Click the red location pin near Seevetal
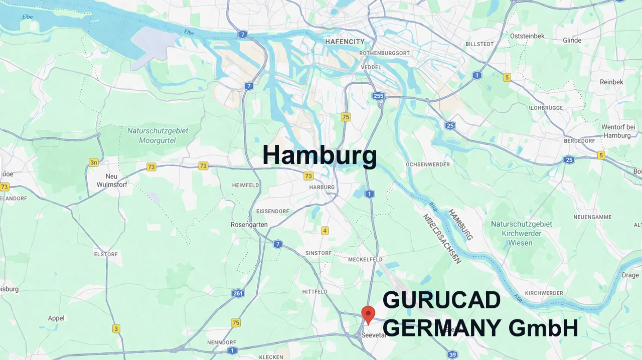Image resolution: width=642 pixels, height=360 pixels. (368, 314)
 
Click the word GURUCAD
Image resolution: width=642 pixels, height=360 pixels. (441, 300)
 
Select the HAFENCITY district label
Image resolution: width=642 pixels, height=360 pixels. (345, 42)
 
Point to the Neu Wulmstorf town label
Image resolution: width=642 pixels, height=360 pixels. (112, 181)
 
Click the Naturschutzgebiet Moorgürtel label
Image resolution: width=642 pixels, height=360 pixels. (157, 135)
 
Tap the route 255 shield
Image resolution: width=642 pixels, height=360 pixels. (378, 95)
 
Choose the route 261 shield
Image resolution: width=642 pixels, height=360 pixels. (238, 293)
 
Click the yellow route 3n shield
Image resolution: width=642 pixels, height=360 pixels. (94, 162)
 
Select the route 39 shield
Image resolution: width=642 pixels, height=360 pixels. (452, 355)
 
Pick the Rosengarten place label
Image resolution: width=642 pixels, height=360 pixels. (249, 225)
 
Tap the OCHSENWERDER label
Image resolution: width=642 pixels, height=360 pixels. (428, 164)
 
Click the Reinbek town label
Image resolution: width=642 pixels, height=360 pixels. (611, 82)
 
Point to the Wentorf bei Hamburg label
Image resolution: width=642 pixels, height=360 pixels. (618, 131)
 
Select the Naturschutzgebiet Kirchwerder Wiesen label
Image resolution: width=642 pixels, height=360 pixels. (521, 234)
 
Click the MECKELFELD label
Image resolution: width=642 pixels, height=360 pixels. (365, 260)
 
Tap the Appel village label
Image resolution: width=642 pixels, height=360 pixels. (56, 318)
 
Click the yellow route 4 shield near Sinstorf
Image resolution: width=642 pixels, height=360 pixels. (325, 231)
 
